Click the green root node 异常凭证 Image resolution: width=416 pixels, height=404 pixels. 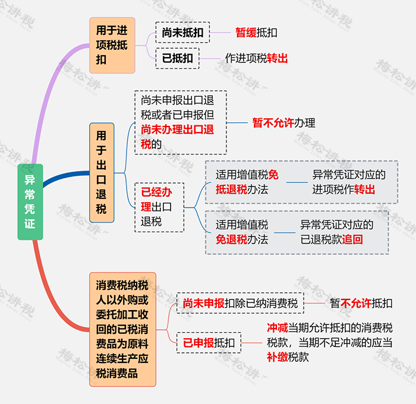click(30, 202)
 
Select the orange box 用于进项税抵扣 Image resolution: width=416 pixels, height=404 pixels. click(112, 45)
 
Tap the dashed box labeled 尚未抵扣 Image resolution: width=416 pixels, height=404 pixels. click(182, 33)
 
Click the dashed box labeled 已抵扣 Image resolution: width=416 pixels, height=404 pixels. click(178, 58)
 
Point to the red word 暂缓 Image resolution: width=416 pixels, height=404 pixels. click(246, 33)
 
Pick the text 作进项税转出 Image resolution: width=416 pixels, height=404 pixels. click(256, 58)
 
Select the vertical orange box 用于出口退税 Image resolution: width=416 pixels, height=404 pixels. click(102, 173)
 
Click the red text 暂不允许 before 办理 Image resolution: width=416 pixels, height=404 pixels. click(273, 123)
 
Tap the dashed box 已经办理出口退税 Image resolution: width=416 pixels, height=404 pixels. click(159, 207)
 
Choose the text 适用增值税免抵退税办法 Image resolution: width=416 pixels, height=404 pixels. click(247, 182)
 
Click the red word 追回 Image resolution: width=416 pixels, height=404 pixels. click(352, 239)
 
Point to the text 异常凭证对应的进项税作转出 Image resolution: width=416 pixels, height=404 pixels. click(349, 182)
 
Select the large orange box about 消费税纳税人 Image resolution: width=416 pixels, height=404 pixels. click(122, 329)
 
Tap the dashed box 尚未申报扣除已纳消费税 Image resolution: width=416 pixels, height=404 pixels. click(240, 303)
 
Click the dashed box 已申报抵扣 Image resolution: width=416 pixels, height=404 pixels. click(209, 343)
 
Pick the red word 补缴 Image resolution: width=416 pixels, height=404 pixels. click(278, 357)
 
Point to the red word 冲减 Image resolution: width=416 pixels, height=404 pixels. click(278, 328)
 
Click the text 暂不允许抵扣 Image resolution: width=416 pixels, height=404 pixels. click(361, 303)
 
